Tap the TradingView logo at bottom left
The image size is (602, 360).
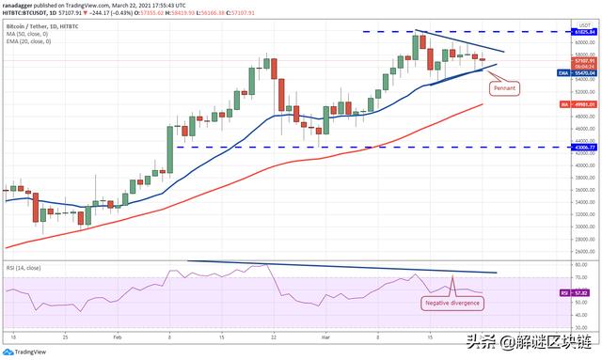coord(28,352)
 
